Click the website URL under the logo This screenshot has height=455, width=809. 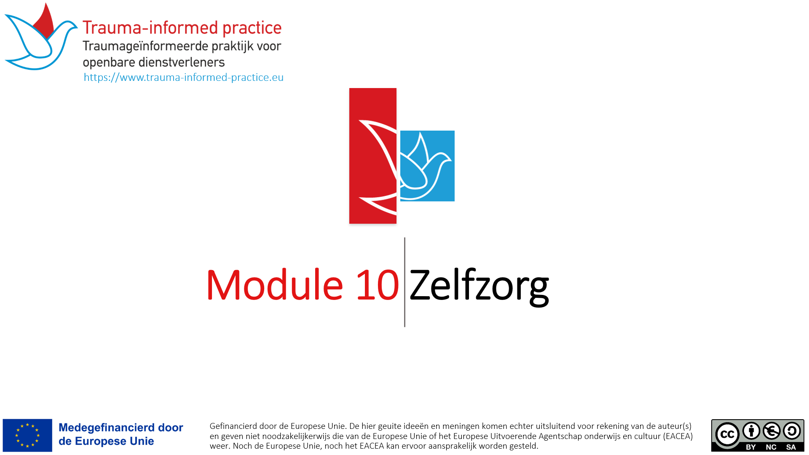coord(183,78)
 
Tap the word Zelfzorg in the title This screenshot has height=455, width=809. coord(479,286)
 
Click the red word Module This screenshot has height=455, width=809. coord(274,285)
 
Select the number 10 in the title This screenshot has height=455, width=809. coord(378,285)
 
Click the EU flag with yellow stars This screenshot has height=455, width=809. coord(27,435)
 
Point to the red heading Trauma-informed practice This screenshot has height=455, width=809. coord(182,28)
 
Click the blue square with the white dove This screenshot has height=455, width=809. coord(427,166)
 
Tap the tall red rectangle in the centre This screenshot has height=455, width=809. coord(373,156)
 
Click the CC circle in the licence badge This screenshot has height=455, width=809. coord(727,434)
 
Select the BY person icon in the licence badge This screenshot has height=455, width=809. coord(751,431)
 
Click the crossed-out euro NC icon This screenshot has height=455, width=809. coord(771,431)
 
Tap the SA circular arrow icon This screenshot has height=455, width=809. coord(792,431)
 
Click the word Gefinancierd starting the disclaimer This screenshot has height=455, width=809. coord(233,426)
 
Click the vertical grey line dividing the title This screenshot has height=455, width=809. coord(404,282)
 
